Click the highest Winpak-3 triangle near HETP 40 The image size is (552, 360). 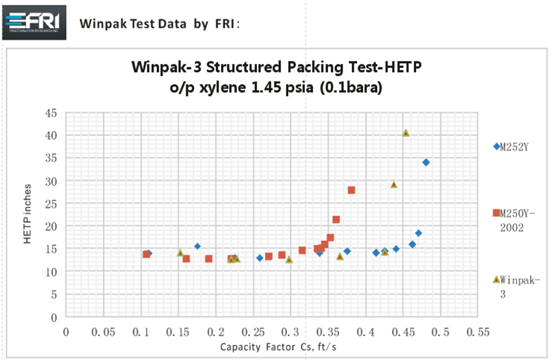(x=406, y=133)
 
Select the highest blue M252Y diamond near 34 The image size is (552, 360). (x=426, y=162)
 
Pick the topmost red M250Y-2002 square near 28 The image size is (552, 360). (x=351, y=190)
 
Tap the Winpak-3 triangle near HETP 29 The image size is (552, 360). (x=394, y=184)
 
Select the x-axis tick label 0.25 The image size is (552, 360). (x=252, y=332)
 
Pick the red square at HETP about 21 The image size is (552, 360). (x=336, y=219)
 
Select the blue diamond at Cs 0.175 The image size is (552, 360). (x=197, y=246)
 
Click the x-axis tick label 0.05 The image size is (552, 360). (x=103, y=332)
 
